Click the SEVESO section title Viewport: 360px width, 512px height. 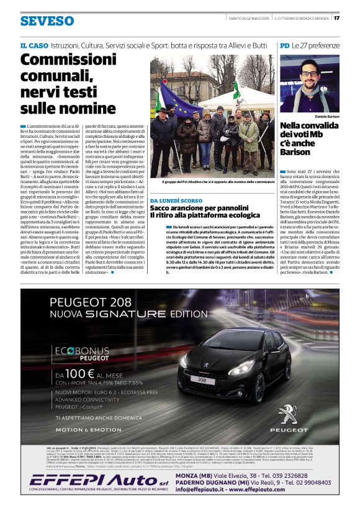(47, 21)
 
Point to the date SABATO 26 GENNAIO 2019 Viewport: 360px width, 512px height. (248, 17)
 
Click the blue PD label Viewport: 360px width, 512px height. (284, 46)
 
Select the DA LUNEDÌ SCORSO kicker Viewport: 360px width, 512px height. (176, 201)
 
